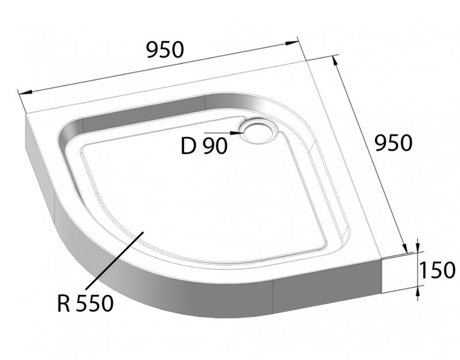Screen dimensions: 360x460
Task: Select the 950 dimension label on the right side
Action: pyautogui.click(x=393, y=142)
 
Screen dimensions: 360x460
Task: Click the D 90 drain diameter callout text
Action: pyautogui.click(x=204, y=146)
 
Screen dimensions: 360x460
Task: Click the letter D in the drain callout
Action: pyautogui.click(x=188, y=146)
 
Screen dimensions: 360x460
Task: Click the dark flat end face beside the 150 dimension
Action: pyautogui.click(x=397, y=276)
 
